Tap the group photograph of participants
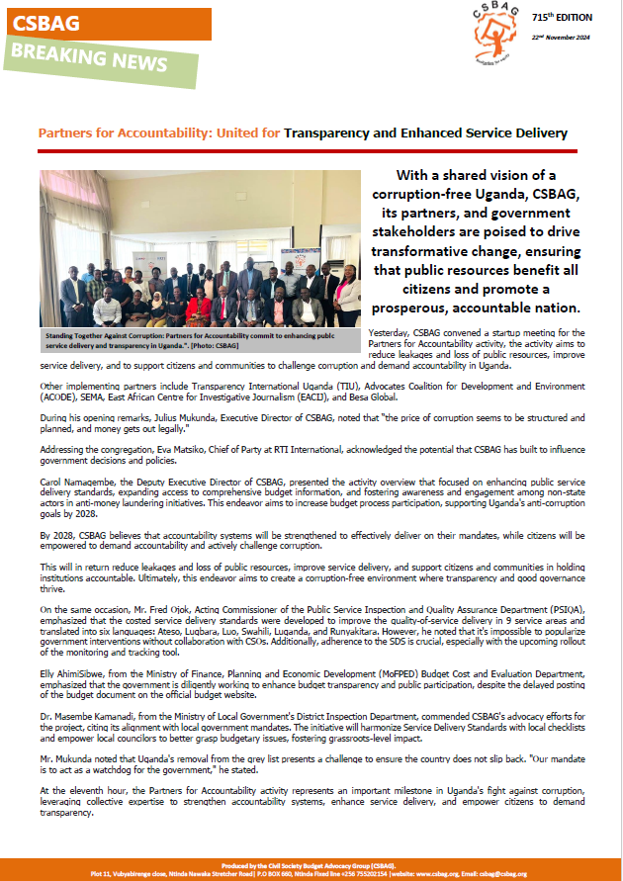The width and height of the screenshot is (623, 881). tap(199, 250)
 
